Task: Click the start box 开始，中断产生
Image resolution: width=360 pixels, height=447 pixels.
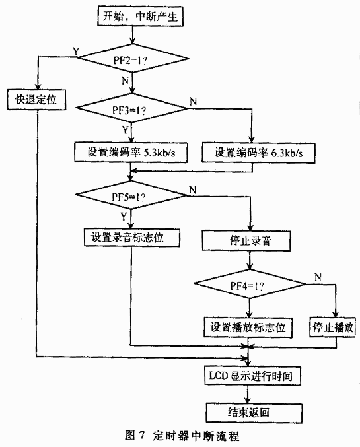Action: click(140, 17)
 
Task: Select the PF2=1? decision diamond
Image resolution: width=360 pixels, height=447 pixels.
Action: click(133, 59)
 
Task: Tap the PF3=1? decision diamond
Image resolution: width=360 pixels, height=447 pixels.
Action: click(131, 108)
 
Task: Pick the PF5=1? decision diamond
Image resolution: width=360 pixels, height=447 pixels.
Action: click(131, 195)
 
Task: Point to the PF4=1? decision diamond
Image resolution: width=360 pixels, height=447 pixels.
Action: click(250, 284)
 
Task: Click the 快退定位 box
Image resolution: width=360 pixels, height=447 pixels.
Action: click(37, 100)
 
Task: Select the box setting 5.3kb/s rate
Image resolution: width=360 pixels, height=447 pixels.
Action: click(131, 153)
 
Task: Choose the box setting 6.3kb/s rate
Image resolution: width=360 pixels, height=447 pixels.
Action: click(258, 153)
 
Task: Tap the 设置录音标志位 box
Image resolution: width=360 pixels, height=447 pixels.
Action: click(132, 237)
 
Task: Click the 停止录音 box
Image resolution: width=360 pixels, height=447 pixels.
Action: click(246, 241)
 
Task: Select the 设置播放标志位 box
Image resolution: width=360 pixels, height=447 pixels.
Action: click(248, 327)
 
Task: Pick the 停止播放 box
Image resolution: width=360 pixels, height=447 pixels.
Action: click(333, 327)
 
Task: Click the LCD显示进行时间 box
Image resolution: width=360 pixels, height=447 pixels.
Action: click(253, 376)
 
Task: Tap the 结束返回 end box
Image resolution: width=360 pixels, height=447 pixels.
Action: click(254, 413)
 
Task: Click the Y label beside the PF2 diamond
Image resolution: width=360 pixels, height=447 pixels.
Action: click(76, 52)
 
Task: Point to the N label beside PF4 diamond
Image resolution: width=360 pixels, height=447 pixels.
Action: click(318, 277)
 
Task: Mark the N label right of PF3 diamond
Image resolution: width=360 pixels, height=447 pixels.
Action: click(193, 101)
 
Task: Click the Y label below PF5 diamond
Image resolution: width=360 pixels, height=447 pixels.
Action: click(124, 217)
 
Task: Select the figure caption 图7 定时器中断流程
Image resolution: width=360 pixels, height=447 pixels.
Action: click(182, 436)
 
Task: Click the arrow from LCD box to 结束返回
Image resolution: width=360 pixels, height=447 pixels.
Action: click(248, 394)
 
